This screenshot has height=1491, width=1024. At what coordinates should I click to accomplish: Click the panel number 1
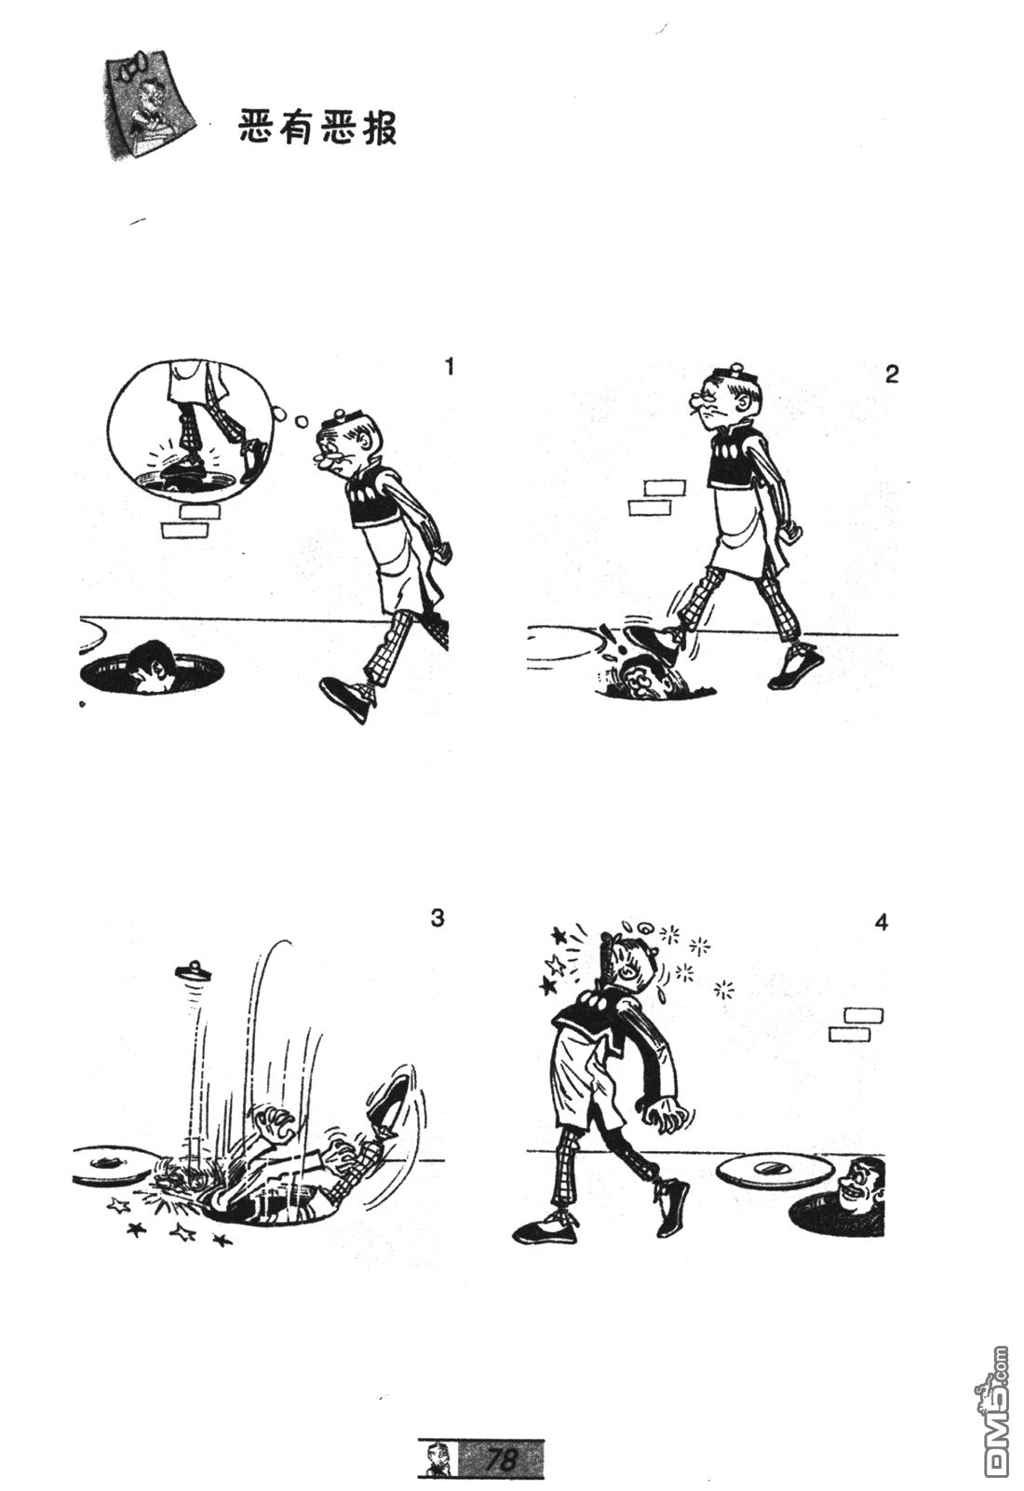click(450, 366)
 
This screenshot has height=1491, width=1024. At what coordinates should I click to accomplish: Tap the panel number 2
click(892, 374)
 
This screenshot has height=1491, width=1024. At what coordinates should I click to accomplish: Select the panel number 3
click(437, 918)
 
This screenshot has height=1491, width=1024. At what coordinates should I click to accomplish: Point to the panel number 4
click(881, 923)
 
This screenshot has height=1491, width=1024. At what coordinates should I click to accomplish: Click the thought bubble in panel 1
click(191, 433)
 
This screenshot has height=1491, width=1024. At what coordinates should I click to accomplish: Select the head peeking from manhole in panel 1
click(152, 666)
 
